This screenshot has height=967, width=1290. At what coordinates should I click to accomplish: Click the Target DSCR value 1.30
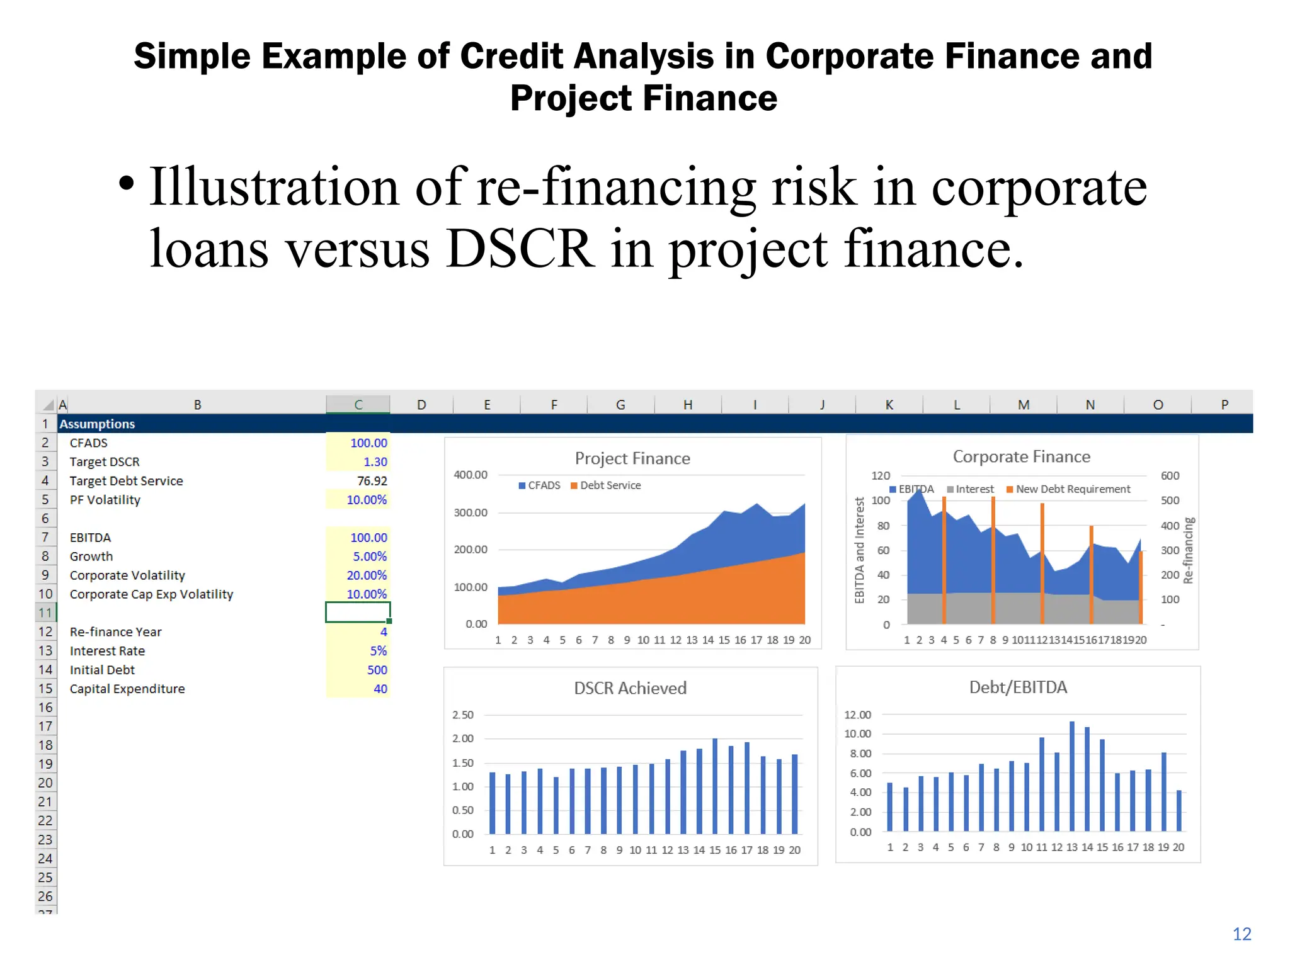coord(375,461)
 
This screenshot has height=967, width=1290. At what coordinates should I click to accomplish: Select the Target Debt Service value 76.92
coord(372,480)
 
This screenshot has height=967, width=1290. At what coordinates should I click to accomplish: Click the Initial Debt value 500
coord(377,670)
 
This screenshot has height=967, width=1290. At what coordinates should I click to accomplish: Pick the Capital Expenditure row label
coord(127,689)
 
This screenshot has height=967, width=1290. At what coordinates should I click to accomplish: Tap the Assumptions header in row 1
coord(97,424)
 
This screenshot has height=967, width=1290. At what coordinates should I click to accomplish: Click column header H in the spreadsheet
coord(687,405)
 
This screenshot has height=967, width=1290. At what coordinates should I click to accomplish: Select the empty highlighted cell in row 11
coord(357,612)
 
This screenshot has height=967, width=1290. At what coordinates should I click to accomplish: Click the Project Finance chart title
coord(632,458)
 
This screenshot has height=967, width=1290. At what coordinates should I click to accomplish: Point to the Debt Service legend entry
coord(610,485)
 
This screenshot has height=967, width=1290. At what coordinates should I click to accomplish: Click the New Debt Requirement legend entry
coord(1072,489)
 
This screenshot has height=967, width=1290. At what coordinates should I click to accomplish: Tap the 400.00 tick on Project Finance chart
coord(471,475)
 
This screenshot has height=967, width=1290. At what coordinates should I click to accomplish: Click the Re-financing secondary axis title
coord(1189,550)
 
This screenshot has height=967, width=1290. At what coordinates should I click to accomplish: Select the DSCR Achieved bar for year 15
coord(715,786)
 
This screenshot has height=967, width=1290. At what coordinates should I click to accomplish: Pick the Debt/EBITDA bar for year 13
coord(1072,776)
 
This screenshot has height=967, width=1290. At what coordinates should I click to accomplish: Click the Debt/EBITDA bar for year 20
coord(1179,810)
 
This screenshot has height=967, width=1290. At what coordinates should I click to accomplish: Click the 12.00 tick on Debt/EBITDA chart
coord(857,715)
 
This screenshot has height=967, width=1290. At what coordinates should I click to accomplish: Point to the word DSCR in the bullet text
coord(519,249)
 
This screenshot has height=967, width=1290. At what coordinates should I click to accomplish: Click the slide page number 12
coord(1241,934)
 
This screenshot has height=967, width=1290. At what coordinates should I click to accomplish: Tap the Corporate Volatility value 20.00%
coord(367,575)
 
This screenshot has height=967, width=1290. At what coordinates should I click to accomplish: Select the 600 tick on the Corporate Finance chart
coord(1170,475)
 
